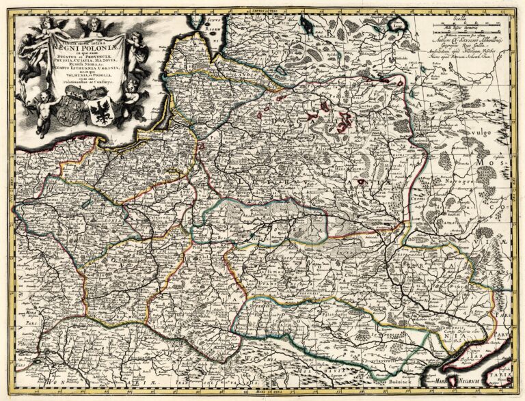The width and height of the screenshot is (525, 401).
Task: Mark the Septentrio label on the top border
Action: (262, 11)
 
